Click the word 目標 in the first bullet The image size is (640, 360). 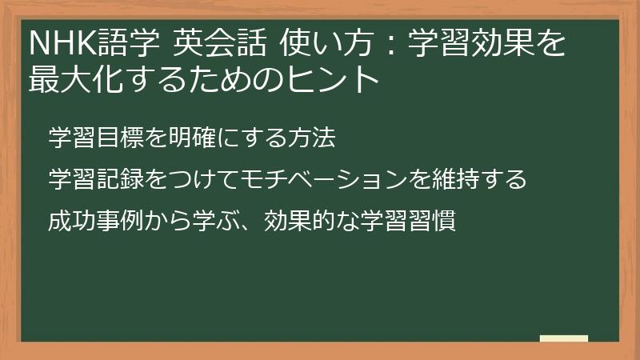[118, 138]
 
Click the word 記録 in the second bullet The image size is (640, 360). [118, 179]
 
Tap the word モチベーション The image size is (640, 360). [308, 179]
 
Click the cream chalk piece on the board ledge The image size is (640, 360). [563, 338]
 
